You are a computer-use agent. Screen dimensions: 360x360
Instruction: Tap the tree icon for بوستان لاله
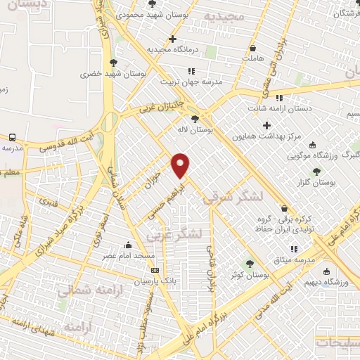(x=194, y=119)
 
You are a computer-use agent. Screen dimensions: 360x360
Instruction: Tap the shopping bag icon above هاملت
(x=252, y=48)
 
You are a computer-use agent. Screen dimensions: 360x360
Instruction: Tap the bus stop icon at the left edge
(x=13, y=137)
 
